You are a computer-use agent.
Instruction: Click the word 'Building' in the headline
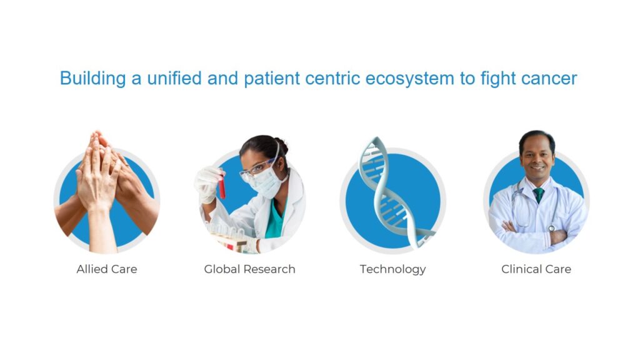point(92,78)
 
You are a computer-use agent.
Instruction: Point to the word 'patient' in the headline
point(272,79)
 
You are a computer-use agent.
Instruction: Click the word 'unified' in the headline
point(174,78)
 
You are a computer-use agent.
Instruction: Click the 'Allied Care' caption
point(106,269)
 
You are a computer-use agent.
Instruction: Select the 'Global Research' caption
point(249,269)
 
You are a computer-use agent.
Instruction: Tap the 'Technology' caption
point(392,269)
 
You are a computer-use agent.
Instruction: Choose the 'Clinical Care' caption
point(536,269)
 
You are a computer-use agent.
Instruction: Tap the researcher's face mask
point(266,182)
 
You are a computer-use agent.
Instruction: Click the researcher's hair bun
point(282,145)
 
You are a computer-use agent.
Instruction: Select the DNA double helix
point(390,192)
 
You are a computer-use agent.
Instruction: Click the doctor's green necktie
point(539,195)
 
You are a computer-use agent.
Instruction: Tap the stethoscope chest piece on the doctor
point(551,229)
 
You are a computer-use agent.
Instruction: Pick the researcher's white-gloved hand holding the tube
point(209,184)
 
